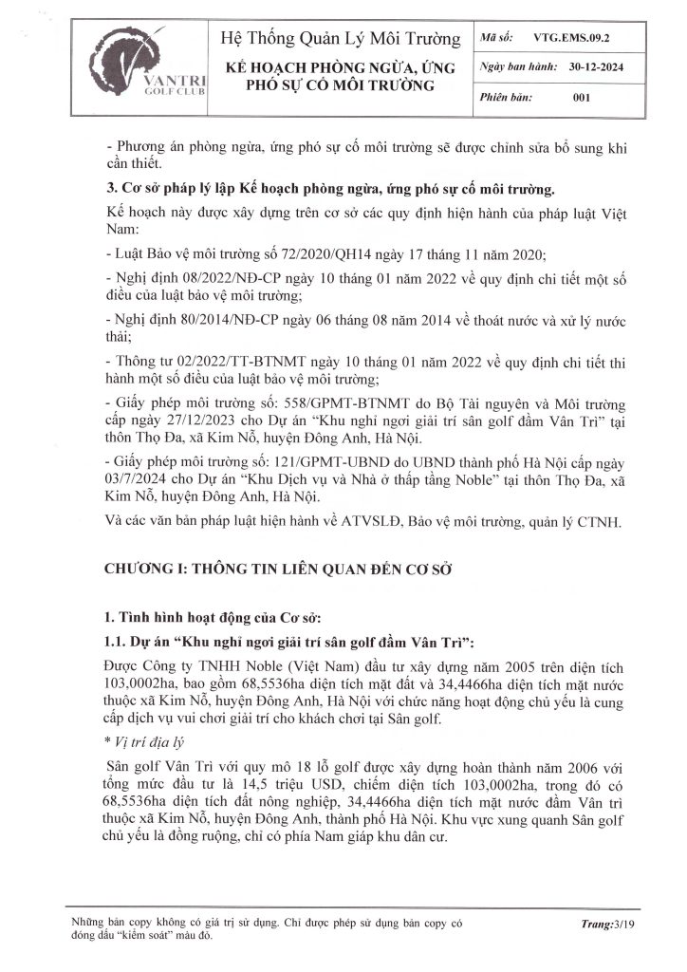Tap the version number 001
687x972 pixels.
585,98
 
